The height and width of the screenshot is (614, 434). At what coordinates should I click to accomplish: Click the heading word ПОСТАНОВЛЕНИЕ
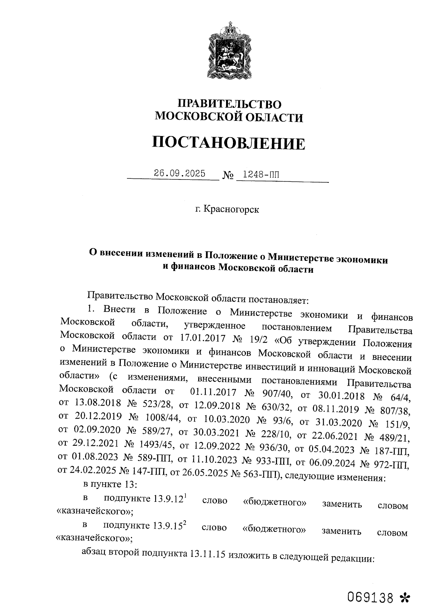click(228, 143)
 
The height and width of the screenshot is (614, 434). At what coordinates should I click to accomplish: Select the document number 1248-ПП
click(261, 175)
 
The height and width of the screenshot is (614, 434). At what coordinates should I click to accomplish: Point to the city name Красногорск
click(231, 209)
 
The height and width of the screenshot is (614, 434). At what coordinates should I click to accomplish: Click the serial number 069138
click(370, 597)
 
